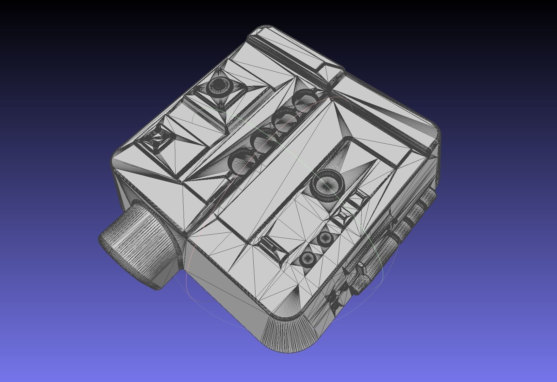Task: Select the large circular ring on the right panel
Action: (328, 185)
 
